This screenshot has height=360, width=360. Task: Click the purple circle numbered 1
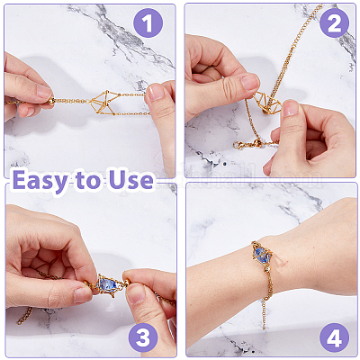148,23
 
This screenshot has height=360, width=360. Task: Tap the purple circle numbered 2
334,23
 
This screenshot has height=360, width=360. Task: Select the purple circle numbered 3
143,337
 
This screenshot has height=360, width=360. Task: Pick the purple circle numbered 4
334,337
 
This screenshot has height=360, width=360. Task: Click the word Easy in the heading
40,181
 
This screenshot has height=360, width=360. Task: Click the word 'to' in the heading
88,181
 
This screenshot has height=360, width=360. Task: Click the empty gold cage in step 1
103,102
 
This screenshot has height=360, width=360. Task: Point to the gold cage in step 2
267,103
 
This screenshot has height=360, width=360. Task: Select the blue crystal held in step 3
107,283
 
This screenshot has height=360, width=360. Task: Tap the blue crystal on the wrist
263,255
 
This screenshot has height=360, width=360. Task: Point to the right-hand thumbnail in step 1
156,93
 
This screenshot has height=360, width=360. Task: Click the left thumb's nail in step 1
45,92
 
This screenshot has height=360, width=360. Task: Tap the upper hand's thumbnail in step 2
249,82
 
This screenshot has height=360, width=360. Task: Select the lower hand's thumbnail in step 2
291,108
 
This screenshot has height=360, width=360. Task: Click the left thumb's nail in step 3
83,295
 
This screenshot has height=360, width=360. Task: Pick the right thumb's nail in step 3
136,293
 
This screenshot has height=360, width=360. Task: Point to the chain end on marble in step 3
24,316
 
